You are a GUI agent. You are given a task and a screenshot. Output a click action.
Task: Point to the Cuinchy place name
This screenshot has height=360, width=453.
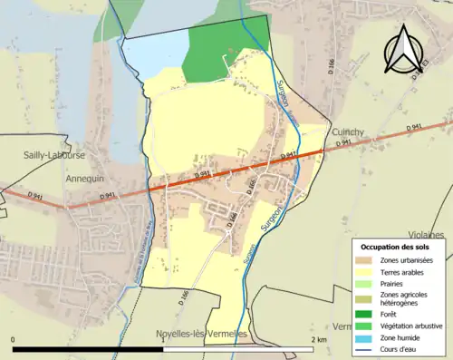pyautogui.click(x=347, y=131)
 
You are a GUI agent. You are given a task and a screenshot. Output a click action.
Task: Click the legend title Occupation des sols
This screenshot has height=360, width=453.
pyautogui.click(x=397, y=247)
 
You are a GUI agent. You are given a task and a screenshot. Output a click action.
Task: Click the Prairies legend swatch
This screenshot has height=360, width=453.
pyautogui.click(x=369, y=285)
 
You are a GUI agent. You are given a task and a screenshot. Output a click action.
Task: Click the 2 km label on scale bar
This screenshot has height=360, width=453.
pyautogui.click(x=318, y=339)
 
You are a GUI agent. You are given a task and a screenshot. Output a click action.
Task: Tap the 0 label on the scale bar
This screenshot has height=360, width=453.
pyautogui.click(x=14, y=339)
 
